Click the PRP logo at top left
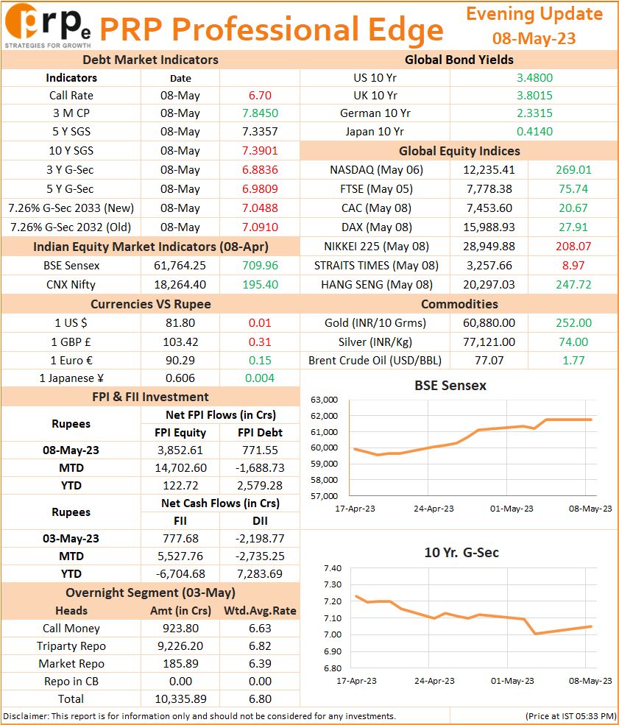(48, 26)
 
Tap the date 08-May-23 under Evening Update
(534, 38)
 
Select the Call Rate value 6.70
(260, 96)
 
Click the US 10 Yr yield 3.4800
(534, 78)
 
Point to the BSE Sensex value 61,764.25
(180, 266)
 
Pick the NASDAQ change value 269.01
(573, 170)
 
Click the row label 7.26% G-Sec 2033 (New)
(71, 208)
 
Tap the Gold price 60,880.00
(489, 322)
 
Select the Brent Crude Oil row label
(375, 361)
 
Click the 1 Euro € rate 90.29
(180, 361)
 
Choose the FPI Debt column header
(260, 433)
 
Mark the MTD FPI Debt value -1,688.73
(260, 468)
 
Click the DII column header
(260, 521)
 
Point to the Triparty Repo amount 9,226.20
(180, 646)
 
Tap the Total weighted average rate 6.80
(260, 699)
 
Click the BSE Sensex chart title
(450, 386)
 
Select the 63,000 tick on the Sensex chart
(324, 400)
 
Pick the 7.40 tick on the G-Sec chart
(333, 568)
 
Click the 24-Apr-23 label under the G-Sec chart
(434, 681)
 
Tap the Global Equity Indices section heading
(459, 151)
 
